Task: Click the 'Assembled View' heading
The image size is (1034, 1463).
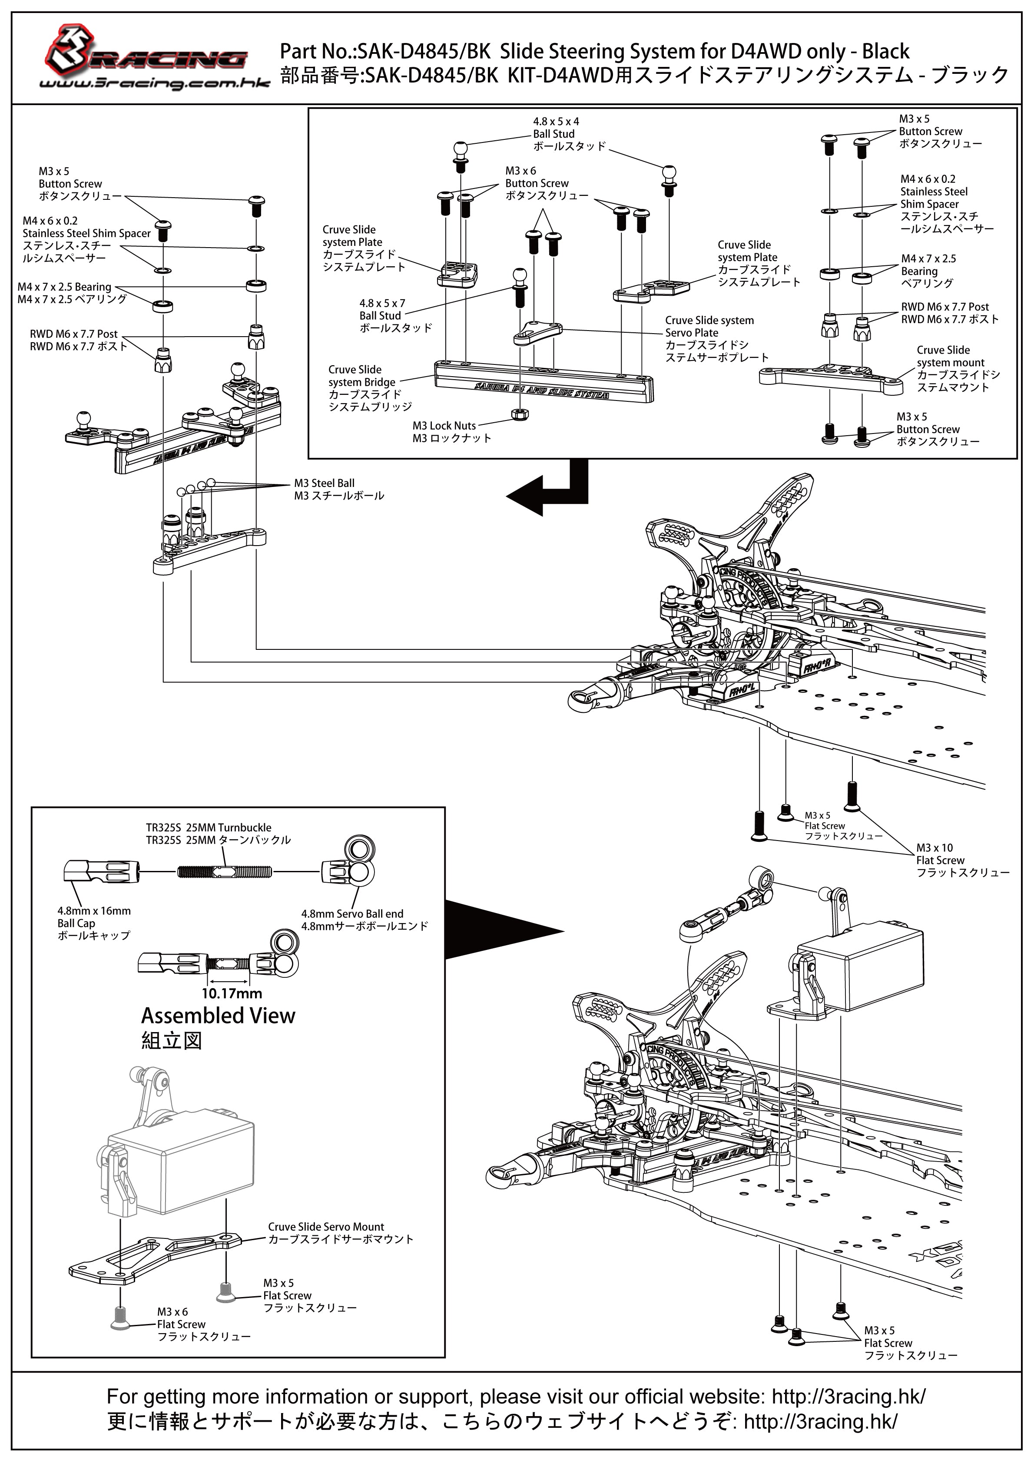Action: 218,1016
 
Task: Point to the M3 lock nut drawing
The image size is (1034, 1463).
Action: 520,414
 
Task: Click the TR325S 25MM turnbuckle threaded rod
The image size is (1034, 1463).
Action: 224,871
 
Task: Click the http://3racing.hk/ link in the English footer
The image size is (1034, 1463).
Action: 848,1397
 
